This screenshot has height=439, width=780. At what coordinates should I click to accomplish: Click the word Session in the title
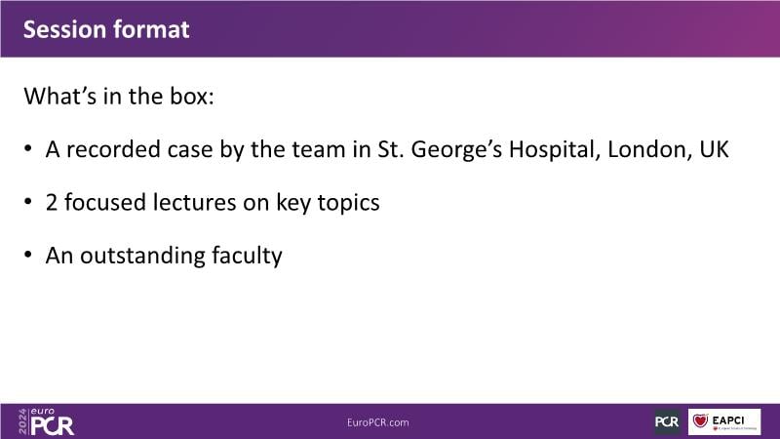pyautogui.click(x=61, y=29)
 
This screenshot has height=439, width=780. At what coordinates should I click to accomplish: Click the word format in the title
pyautogui.click(x=147, y=29)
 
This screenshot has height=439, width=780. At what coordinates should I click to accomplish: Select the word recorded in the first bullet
pyautogui.click(x=113, y=149)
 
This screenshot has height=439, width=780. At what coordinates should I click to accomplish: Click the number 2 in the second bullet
pyautogui.click(x=52, y=203)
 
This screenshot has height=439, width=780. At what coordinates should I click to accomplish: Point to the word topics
pyautogui.click(x=348, y=204)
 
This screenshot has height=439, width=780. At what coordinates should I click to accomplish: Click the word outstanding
pyautogui.click(x=142, y=257)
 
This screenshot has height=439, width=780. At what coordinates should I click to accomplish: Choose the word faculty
pyautogui.click(x=247, y=257)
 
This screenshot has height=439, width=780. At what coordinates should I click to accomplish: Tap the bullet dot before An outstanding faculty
pyautogui.click(x=28, y=255)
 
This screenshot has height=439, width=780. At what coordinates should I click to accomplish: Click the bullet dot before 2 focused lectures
pyautogui.click(x=28, y=202)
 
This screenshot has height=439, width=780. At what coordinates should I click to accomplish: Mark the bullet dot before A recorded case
pyautogui.click(x=28, y=148)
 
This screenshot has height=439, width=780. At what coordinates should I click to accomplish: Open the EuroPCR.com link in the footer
pyautogui.click(x=378, y=422)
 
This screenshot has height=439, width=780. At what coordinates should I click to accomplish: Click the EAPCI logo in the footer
pyautogui.click(x=724, y=422)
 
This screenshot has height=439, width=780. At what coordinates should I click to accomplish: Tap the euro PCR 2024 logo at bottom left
pyautogui.click(x=46, y=422)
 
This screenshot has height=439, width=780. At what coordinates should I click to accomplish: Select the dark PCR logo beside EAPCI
pyautogui.click(x=667, y=422)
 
